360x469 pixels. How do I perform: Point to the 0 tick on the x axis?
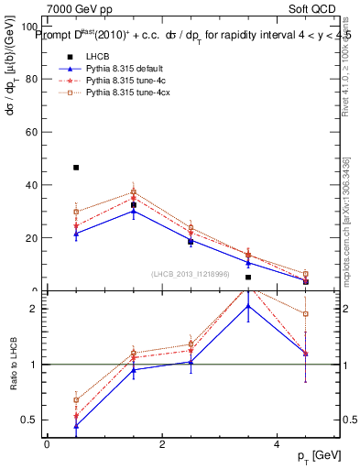click(x=47, y=443)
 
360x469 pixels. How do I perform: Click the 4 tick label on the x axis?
click(x=277, y=443)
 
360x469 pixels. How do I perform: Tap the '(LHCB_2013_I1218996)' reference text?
click(x=191, y=274)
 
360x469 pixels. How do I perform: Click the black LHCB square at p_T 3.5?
click(x=248, y=277)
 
